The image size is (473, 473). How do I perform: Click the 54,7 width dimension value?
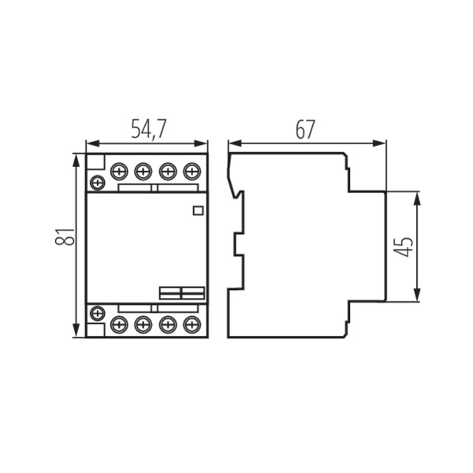[x=147, y=129]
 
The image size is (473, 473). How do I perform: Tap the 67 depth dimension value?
[x=305, y=129]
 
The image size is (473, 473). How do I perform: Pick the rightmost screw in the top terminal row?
[x=191, y=169]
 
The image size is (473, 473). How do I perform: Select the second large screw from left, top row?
[x=143, y=169]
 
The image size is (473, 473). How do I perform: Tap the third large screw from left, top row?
[x=167, y=169]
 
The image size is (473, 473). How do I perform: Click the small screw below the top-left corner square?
[x=96, y=183]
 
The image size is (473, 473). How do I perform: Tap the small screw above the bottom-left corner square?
[x=96, y=311]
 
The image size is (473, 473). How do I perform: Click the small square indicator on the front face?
[x=198, y=210]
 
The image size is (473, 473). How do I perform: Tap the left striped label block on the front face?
[x=169, y=292]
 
